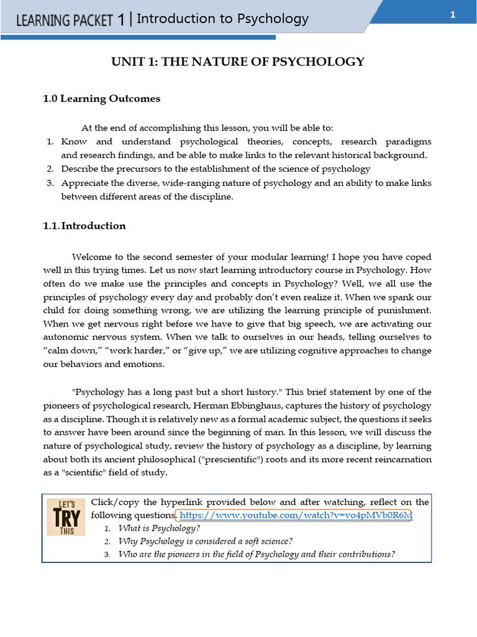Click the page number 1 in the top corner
[453, 16]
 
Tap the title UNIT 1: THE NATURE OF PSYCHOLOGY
[238, 61]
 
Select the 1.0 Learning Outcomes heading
[101, 98]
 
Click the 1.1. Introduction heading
[84, 226]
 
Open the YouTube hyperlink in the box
[295, 516]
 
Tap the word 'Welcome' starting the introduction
[94, 257]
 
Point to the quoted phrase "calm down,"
[66, 351]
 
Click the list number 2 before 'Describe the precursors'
[51, 169]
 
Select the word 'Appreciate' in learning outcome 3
[86, 183]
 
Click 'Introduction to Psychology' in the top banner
[222, 19]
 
